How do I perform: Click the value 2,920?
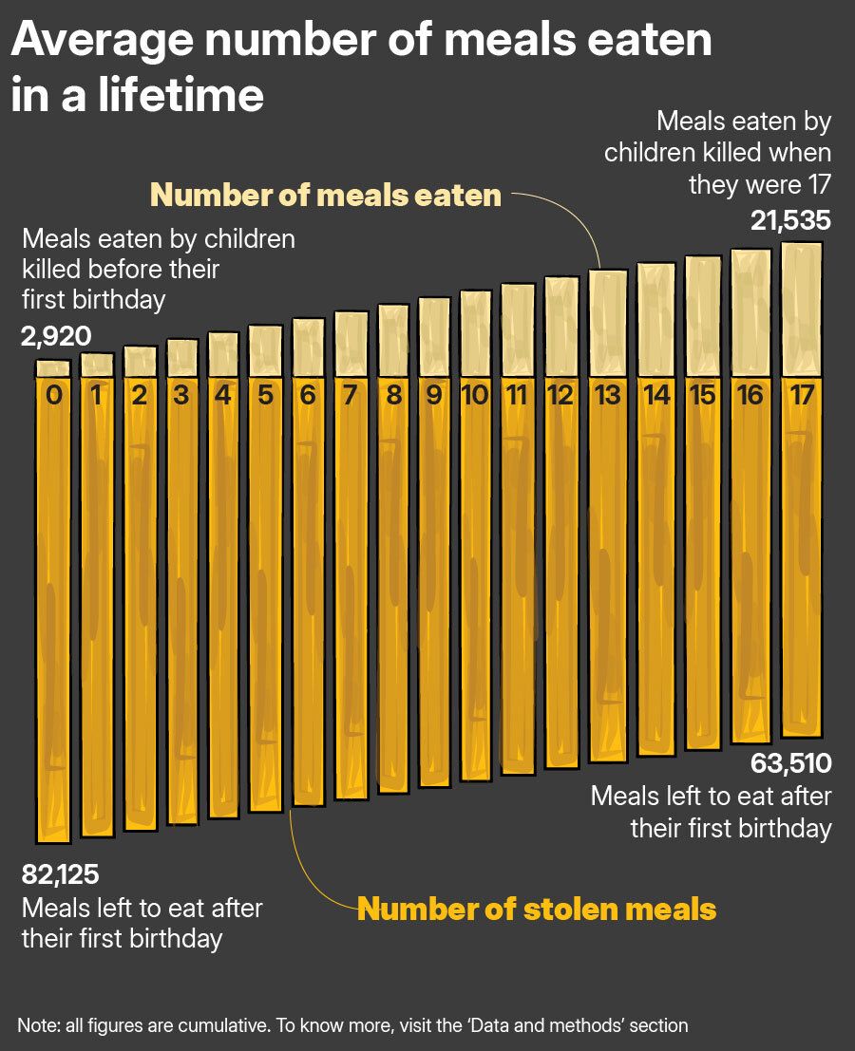pos(56,335)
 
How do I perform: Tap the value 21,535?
pos(790,221)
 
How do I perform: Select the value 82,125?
pos(61,874)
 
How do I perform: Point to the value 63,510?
pos(790,763)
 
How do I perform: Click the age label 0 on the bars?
pos(53,395)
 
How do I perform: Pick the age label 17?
pos(801,395)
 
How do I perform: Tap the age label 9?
pos(434,395)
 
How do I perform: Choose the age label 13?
pos(607,395)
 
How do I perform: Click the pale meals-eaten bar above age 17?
pos(801,309)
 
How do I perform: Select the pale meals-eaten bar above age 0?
pos(53,368)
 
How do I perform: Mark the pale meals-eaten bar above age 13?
pos(608,323)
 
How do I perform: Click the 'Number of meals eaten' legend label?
pos(326,195)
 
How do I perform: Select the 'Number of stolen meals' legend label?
pos(537,909)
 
